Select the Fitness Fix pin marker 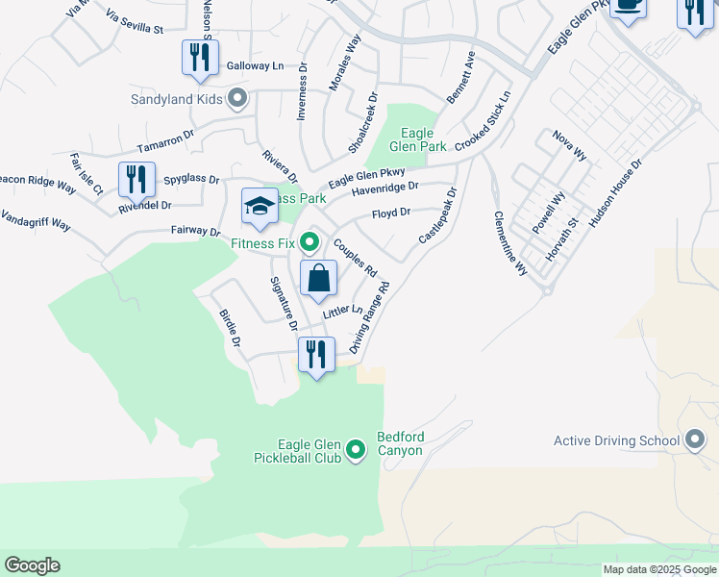310,239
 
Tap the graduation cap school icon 259,206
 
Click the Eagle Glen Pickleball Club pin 357,448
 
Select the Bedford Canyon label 401,443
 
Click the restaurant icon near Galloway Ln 200,57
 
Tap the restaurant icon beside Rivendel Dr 136,179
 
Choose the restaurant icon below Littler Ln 315,355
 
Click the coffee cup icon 629,5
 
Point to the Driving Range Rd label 371,317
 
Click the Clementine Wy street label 510,243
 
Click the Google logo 32,565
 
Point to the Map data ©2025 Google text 659,569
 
